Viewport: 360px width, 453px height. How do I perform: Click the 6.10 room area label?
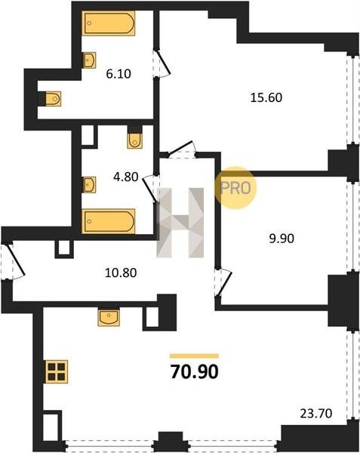pos(118,74)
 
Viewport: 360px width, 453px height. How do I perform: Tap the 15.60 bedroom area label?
pos(266,97)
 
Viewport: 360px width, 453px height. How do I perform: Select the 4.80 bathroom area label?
pos(126,177)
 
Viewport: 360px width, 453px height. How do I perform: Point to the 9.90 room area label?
pos(282,239)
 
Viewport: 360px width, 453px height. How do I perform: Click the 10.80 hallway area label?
pos(121,273)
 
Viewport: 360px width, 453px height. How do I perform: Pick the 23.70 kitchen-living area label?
pos(316,414)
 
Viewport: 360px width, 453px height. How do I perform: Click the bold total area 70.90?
pos(195,371)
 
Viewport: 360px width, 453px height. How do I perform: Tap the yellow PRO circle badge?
pos(235,188)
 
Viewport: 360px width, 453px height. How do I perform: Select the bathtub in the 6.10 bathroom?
pos(109,23)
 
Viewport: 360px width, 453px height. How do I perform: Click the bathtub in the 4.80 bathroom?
pos(109,221)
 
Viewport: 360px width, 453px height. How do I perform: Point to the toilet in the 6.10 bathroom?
pos(51,99)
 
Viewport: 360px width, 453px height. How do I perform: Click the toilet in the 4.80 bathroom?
pos(135,137)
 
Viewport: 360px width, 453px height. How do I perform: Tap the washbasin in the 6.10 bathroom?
pos(89,60)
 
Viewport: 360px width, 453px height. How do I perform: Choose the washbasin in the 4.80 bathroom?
pos(89,185)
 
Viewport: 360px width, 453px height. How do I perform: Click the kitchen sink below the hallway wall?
pos(109,318)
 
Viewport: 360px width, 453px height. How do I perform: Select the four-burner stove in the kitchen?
pos(57,371)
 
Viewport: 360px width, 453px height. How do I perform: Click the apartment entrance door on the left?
pos(14,261)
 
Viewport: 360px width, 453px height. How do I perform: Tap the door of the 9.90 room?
pos(223,283)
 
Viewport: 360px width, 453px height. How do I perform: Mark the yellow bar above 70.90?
pos(194,356)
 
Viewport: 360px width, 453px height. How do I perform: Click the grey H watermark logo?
pos(180,223)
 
